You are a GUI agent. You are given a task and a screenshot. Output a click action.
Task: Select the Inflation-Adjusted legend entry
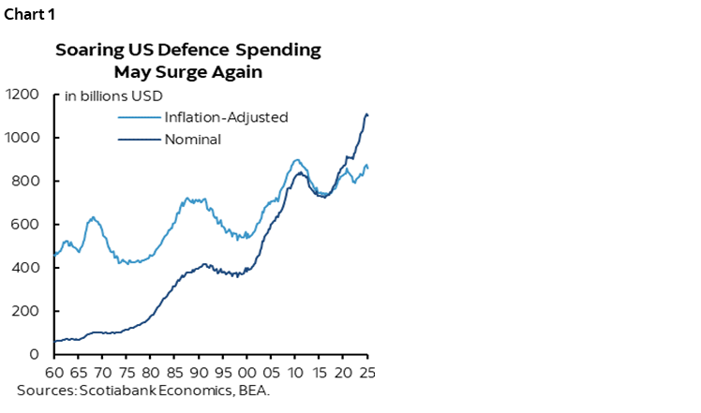pyautogui.click(x=225, y=118)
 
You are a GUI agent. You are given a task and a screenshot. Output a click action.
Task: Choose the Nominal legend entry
pyautogui.click(x=192, y=140)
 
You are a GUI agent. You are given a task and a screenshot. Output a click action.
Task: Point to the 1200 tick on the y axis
pyautogui.click(x=22, y=95)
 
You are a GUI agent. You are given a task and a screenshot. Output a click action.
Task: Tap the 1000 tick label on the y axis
pyautogui.click(x=22, y=138)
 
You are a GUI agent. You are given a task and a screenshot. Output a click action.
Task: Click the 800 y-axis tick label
pyautogui.click(x=26, y=182)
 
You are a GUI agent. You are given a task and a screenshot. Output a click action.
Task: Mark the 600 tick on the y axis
pyautogui.click(x=26, y=225)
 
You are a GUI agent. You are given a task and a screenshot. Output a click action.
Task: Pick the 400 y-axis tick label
pyautogui.click(x=26, y=268)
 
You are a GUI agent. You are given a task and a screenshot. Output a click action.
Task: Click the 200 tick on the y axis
pyautogui.click(x=26, y=312)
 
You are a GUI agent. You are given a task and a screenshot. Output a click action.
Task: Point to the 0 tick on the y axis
pyautogui.click(x=35, y=355)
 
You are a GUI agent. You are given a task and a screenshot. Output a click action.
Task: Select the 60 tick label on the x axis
pyautogui.click(x=54, y=371)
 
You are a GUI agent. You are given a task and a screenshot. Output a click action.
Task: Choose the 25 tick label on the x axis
pyautogui.click(x=366, y=371)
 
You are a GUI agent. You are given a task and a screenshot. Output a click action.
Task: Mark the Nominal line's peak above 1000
pyautogui.click(x=365, y=113)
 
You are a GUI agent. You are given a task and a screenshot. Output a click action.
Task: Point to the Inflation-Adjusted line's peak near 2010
pyautogui.click(x=296, y=160)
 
